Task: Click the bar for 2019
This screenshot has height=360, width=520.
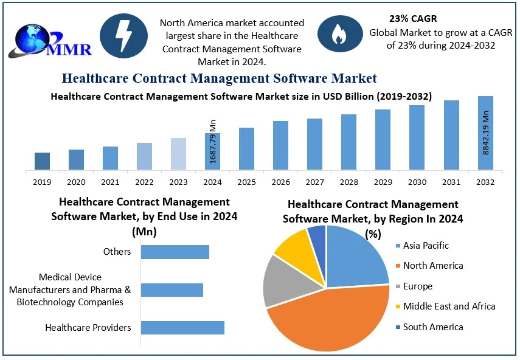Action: [42, 161]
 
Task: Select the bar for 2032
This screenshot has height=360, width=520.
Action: [485, 133]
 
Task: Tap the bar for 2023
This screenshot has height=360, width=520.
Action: [178, 154]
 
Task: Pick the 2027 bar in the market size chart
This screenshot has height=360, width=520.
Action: [314, 144]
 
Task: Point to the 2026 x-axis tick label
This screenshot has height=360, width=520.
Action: [280, 182]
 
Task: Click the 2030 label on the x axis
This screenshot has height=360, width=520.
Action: [417, 182]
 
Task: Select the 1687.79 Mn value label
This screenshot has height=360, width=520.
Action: [213, 141]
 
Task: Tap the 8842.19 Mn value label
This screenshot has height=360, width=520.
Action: [486, 133]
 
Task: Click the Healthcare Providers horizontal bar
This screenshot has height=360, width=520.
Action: [182, 328]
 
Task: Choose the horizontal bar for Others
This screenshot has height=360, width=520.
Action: [175, 252]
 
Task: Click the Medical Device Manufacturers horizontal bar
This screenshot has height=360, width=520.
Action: [172, 290]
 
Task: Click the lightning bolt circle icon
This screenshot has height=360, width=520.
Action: [123, 36]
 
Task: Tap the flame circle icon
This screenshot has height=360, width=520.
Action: [338, 36]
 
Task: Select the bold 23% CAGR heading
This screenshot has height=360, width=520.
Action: [414, 19]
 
